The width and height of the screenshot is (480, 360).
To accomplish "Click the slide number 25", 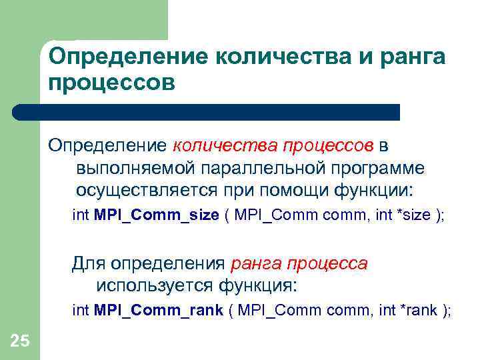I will click(x=20, y=341).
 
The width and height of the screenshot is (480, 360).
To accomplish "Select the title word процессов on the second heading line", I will click(x=111, y=84).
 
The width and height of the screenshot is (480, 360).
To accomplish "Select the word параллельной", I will click(x=252, y=168).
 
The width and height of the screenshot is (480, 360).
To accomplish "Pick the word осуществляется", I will click(x=145, y=190).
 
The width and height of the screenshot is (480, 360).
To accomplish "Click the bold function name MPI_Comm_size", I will click(x=157, y=216).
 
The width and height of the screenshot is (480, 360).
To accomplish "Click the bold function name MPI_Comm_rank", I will click(x=159, y=310).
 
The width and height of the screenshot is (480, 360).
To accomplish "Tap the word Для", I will click(x=89, y=263).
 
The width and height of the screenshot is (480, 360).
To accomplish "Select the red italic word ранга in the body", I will click(x=255, y=263).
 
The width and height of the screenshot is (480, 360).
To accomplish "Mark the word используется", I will click(x=154, y=285).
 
